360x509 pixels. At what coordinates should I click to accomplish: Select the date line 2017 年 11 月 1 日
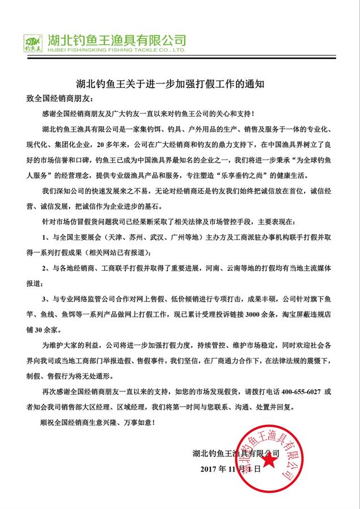(x=232, y=469)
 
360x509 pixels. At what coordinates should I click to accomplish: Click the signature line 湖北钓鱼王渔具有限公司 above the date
(x=236, y=454)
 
